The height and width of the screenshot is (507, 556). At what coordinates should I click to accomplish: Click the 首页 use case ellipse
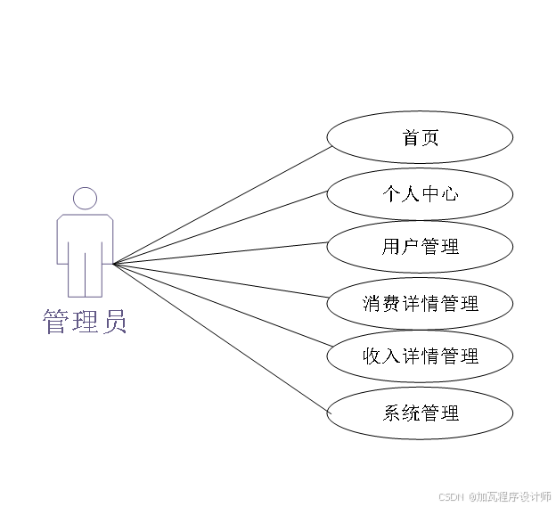[420, 138]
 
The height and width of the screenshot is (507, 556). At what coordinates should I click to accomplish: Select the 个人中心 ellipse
[420, 192]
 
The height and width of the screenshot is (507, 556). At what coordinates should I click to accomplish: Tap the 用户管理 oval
[420, 247]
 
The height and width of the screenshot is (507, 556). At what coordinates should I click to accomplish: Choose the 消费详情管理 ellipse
[420, 304]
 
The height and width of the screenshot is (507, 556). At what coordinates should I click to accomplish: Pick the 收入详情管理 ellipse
[420, 357]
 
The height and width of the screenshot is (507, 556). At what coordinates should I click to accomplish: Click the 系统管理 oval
[420, 413]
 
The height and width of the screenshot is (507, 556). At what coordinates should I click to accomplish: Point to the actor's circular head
[85, 199]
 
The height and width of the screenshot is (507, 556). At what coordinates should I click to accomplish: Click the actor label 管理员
[85, 321]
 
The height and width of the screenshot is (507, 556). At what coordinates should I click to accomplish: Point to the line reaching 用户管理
[223, 252]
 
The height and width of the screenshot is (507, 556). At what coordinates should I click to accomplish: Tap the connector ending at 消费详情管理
[223, 280]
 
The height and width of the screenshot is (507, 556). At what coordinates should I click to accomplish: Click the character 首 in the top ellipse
[411, 138]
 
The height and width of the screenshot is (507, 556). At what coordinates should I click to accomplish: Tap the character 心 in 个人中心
[449, 192]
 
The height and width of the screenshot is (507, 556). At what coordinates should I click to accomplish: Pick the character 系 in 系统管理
[392, 413]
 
